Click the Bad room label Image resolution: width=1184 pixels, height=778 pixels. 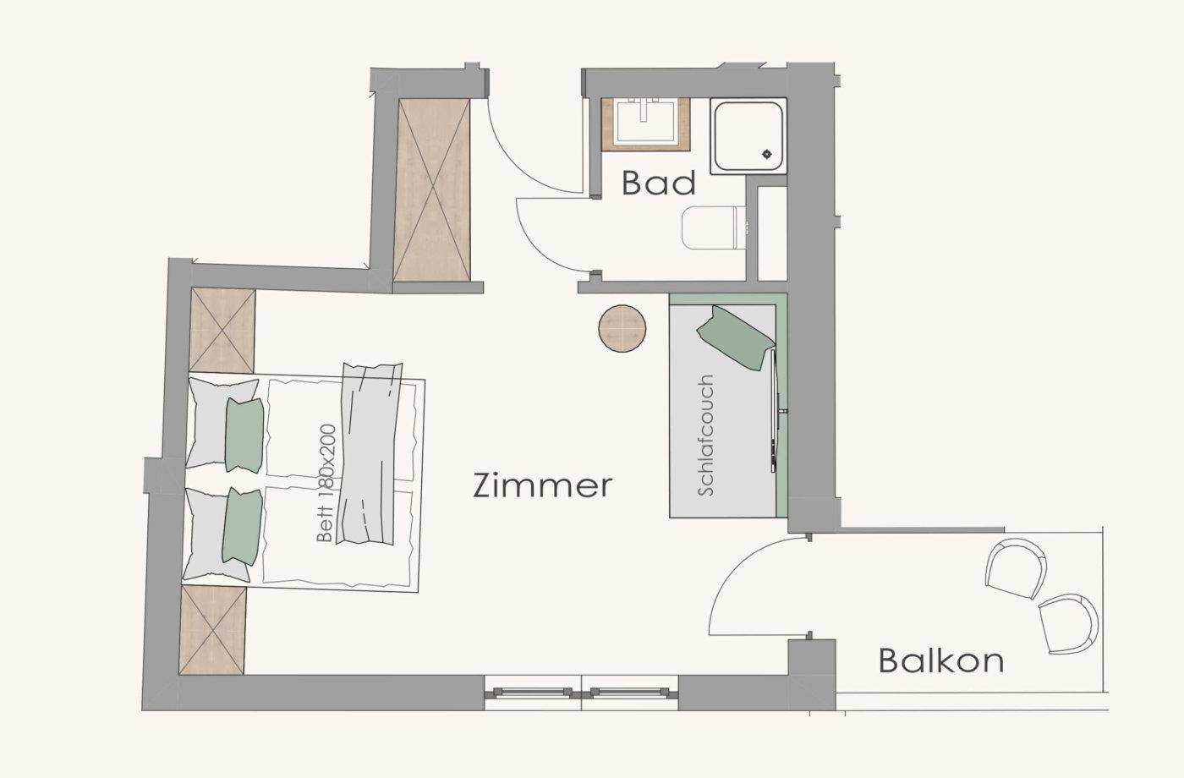tap(659, 183)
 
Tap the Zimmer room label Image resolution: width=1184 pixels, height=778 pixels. tap(543, 485)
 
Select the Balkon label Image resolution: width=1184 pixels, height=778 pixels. tap(941, 660)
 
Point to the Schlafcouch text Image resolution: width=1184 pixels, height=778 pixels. tap(706, 436)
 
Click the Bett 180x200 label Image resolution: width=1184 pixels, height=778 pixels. tap(326, 483)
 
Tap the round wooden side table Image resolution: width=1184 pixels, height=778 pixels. tap(622, 328)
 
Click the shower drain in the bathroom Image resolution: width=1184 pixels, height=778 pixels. tap(767, 154)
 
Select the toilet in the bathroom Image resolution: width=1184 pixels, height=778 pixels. tap(714, 227)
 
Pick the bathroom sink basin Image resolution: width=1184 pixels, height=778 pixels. tap(645, 122)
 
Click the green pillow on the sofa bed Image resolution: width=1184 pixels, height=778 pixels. tap(735, 337)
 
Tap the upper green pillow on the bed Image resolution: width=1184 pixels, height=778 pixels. tap(244, 435)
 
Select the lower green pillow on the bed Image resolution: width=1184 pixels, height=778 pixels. tap(242, 526)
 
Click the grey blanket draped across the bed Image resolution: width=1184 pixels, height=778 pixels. tap(369, 453)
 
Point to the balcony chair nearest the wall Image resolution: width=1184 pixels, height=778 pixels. tap(1016, 567)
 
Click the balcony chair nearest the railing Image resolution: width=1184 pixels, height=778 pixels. tap(1067, 624)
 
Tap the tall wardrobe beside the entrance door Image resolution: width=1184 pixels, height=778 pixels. tap(432, 190)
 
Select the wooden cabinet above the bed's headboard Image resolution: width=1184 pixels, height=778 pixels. tap(222, 330)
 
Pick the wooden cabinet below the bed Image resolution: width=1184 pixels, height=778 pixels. tap(212, 630)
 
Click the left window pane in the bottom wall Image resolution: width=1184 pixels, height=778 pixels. tap(533, 693)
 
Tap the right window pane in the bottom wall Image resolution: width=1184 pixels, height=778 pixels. tap(629, 693)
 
